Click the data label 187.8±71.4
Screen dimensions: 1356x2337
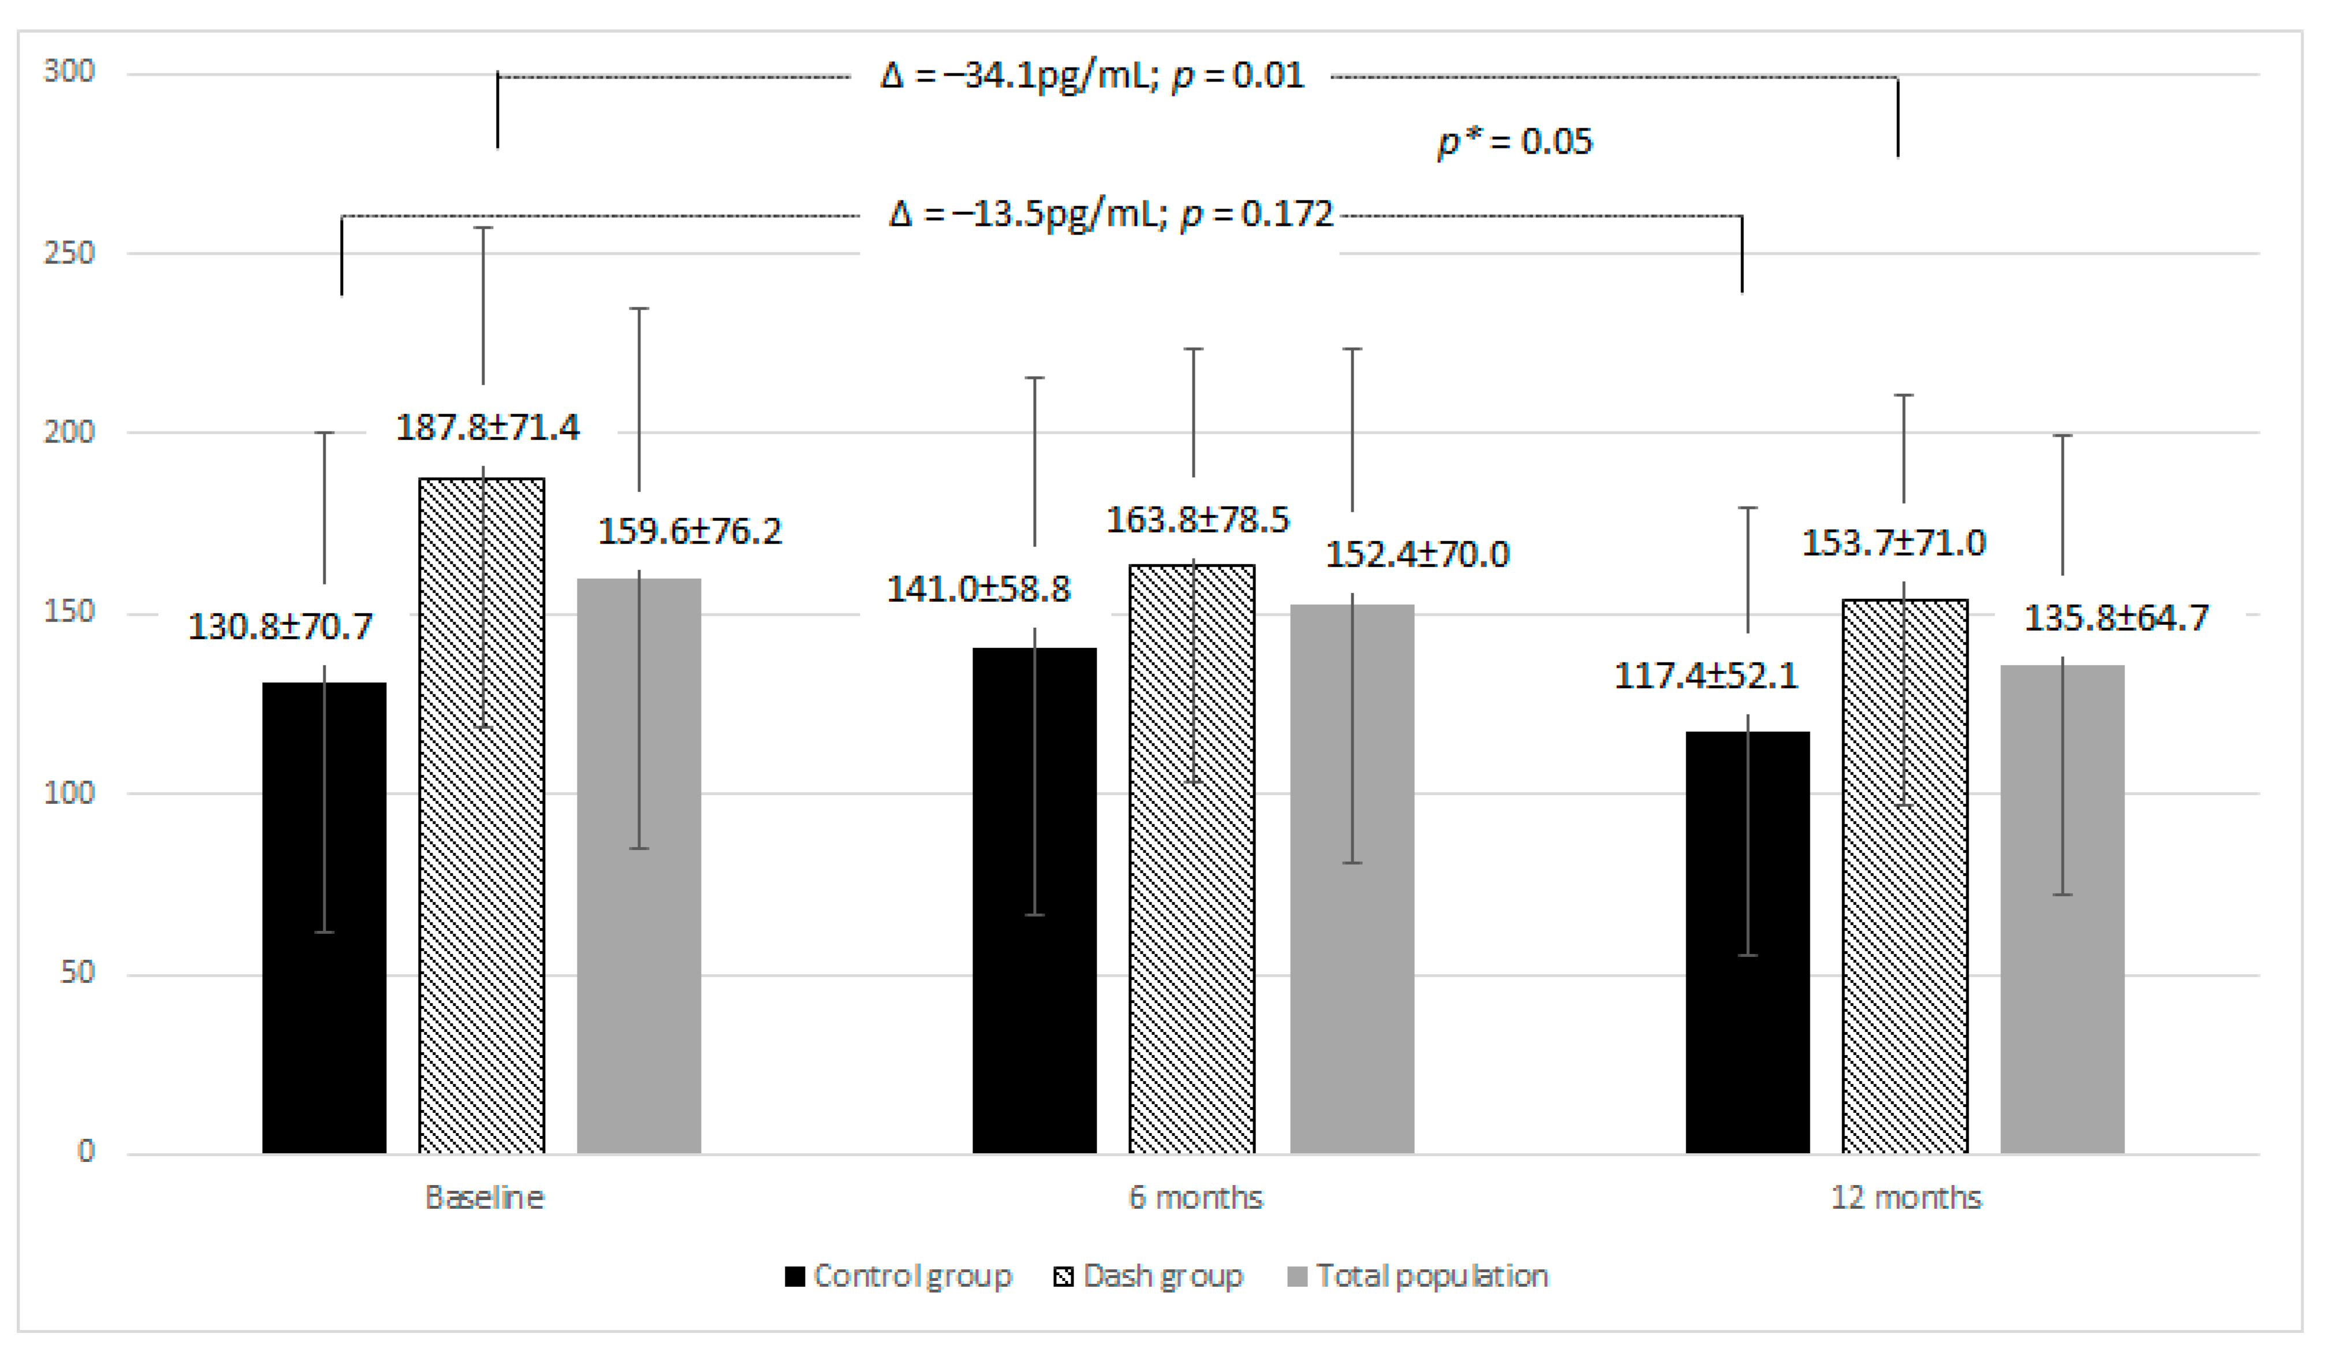click(x=488, y=427)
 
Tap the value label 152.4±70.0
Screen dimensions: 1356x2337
click(x=1417, y=554)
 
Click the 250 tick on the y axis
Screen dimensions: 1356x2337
click(x=69, y=252)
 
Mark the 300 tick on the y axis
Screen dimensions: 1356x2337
click(x=69, y=72)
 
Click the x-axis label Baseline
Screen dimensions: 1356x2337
click(x=484, y=1197)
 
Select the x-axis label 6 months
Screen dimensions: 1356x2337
click(x=1195, y=1197)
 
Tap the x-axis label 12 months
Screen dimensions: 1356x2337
click(x=1906, y=1197)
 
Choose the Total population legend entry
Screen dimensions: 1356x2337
click(x=1418, y=1276)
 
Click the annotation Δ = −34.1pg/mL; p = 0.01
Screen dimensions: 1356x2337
click(x=1091, y=75)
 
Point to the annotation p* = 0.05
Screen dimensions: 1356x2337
click(x=1515, y=142)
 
